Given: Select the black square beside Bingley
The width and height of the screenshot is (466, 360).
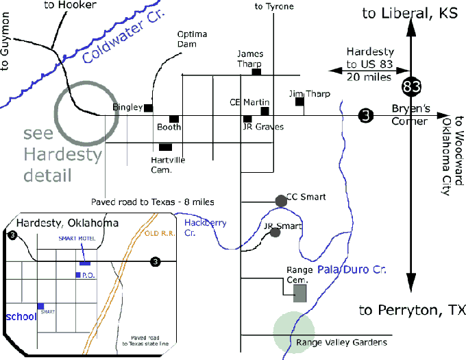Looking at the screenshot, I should coord(148,108).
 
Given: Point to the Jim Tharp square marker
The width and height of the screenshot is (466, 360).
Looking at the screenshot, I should coord(299,102).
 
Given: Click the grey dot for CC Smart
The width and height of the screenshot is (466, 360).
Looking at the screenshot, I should coord(280,201).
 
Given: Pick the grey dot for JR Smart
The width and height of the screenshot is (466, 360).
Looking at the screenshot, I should coord(275,232).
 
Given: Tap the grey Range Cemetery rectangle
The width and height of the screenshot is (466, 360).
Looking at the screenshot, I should coord(300,293).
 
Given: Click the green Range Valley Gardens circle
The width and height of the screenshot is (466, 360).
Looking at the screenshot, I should coord(294,333).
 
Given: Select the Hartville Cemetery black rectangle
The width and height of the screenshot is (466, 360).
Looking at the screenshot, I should coord(165,147).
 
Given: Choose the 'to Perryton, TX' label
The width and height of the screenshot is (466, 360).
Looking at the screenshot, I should coord(408,311).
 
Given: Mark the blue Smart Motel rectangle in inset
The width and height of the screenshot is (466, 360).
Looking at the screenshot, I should coord(84,263).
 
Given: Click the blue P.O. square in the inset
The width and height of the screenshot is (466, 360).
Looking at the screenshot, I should coord(78,275).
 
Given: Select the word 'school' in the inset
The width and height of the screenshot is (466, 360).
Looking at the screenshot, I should coord(19,317).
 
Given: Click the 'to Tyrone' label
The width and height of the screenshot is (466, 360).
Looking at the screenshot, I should coord(274,6).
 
